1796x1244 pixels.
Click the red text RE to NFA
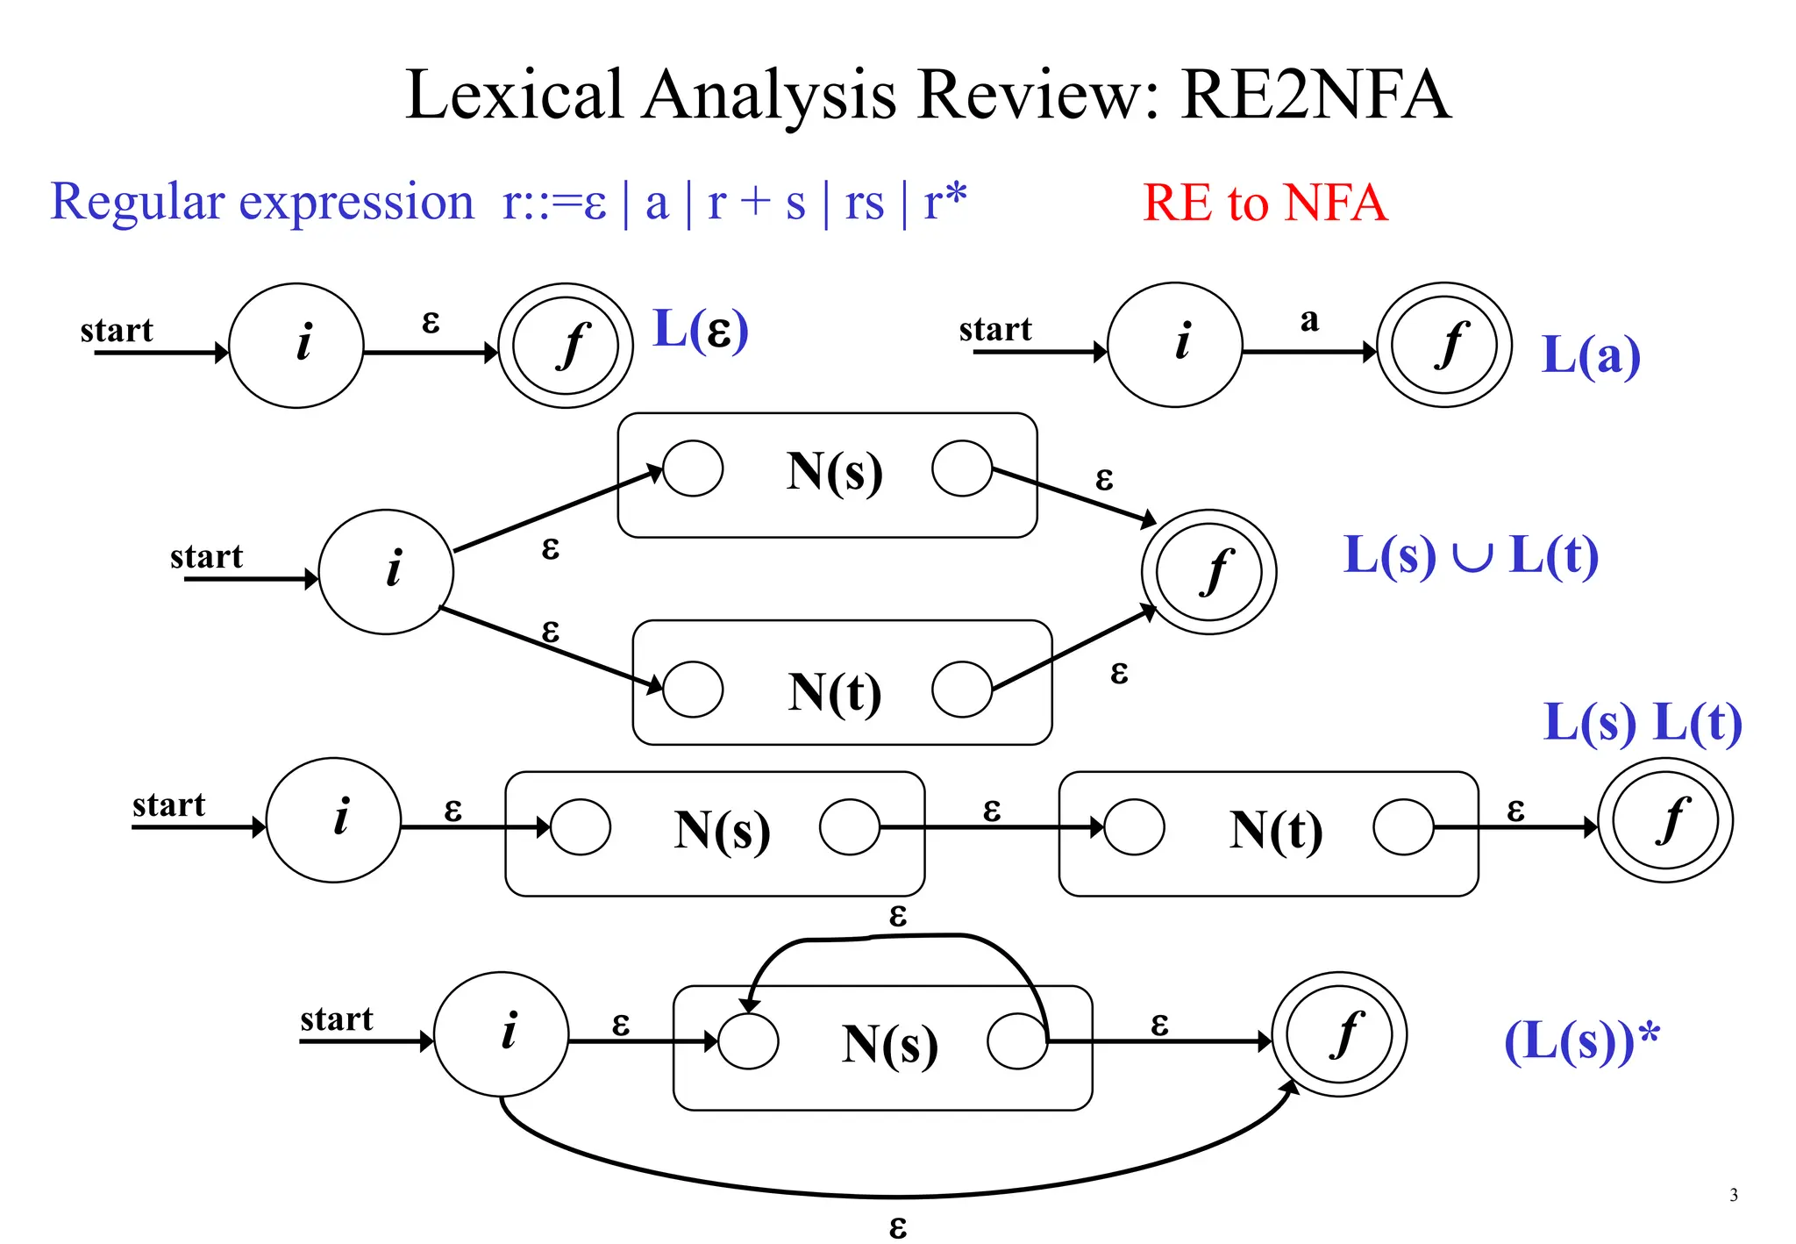pyautogui.click(x=1265, y=203)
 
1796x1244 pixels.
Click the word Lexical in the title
pyautogui.click(x=515, y=95)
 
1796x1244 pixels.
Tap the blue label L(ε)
pyautogui.click(x=701, y=330)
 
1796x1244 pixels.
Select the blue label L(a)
pyautogui.click(x=1590, y=355)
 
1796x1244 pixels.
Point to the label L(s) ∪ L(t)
pyautogui.click(x=1471, y=555)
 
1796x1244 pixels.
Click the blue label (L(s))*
pyautogui.click(x=1581, y=1041)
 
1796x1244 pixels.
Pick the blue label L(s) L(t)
pyautogui.click(x=1642, y=723)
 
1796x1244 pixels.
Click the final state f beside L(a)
pyautogui.click(x=1444, y=345)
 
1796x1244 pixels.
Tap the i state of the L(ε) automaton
pyautogui.click(x=296, y=345)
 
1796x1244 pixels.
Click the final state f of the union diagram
pyautogui.click(x=1208, y=572)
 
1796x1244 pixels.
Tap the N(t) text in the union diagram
pyautogui.click(x=834, y=692)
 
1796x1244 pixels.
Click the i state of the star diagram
pyautogui.click(x=502, y=1033)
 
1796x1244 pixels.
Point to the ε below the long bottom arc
pyautogui.click(x=897, y=1226)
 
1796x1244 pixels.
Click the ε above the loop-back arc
pyautogui.click(x=897, y=916)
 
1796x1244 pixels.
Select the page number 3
pyautogui.click(x=1733, y=1195)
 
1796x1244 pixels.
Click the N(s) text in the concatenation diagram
pyautogui.click(x=722, y=830)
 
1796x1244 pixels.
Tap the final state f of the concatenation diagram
pyautogui.click(x=1664, y=820)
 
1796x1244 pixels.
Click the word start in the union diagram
pyautogui.click(x=206, y=557)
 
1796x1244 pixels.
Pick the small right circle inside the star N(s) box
pyautogui.click(x=1017, y=1040)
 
